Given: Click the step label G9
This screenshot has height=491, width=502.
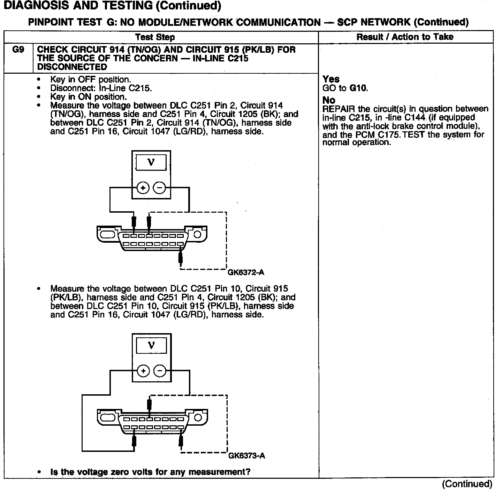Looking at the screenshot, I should click(x=18, y=50).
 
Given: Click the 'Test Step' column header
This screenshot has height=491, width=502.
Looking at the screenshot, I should click(x=155, y=37).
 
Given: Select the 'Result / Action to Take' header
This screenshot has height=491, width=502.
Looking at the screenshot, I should click(x=405, y=37).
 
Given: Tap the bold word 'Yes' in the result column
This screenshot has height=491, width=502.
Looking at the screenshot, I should click(x=331, y=79).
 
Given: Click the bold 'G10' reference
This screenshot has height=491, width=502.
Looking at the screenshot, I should click(x=358, y=88).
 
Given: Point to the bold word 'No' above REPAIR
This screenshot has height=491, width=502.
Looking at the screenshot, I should click(x=329, y=101).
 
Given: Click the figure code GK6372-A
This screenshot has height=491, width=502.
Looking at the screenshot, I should click(x=246, y=272).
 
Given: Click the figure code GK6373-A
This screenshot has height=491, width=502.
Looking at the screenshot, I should click(x=246, y=456).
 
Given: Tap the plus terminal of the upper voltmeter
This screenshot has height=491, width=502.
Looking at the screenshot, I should click(x=143, y=188).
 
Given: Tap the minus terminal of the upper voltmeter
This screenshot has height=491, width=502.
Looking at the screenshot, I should click(x=159, y=188).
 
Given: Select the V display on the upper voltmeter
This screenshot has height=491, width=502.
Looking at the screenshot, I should click(x=151, y=162).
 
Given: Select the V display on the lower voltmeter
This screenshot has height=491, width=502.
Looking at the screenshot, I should click(x=151, y=345).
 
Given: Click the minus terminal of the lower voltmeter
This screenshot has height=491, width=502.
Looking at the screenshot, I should click(x=160, y=371).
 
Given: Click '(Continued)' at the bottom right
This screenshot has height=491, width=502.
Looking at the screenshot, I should click(x=467, y=484).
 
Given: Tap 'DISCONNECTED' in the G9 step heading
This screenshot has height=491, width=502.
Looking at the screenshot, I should click(x=72, y=67).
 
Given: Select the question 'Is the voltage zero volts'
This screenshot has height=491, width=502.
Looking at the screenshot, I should click(x=150, y=472).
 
